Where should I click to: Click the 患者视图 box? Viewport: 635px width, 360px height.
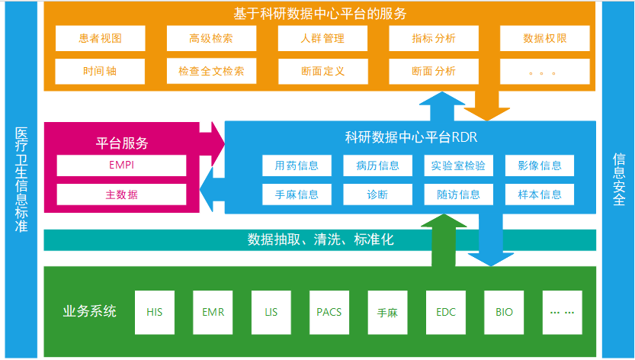(101, 38)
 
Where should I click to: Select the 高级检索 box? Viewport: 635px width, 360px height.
(211, 38)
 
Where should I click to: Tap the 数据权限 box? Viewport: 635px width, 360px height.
(544, 38)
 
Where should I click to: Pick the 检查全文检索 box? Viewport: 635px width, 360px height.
(211, 71)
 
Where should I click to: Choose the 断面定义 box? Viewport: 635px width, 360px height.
(322, 71)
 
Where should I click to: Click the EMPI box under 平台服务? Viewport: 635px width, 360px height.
(121, 165)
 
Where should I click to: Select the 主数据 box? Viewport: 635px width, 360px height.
(121, 194)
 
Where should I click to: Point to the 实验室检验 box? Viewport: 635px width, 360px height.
(459, 166)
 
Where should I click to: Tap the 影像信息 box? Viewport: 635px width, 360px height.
(539, 166)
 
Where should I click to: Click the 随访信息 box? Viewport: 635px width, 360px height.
(459, 194)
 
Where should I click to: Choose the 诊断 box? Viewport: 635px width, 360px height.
(377, 194)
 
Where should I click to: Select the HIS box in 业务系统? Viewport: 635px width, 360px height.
(155, 312)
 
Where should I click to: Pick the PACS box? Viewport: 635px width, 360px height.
(329, 312)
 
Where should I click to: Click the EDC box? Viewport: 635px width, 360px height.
(446, 312)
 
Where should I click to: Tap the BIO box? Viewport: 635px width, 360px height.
(504, 312)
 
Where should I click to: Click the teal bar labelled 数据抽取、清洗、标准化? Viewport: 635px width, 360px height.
(320, 239)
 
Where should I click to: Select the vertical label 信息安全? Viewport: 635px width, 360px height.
(618, 180)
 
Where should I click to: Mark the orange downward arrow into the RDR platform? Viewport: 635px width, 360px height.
(487, 103)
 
